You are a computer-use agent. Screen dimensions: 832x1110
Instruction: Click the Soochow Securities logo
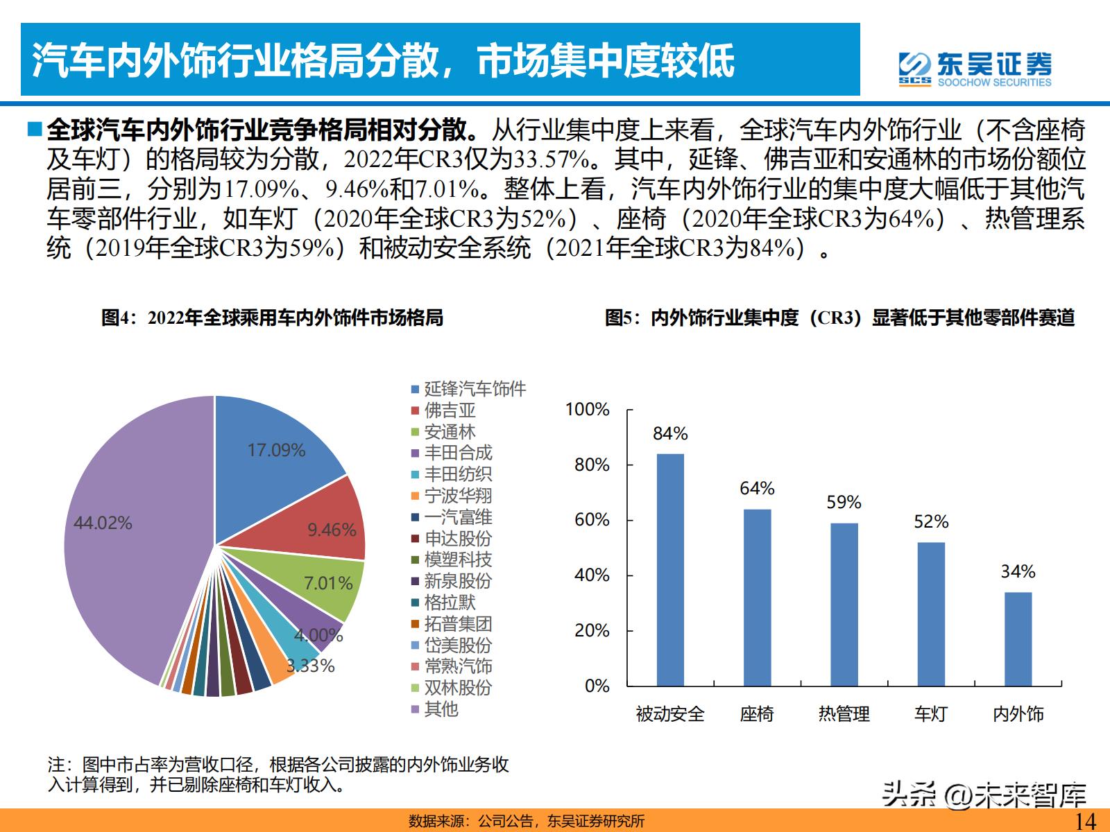point(975,69)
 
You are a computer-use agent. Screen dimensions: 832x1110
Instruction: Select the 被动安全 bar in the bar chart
point(670,569)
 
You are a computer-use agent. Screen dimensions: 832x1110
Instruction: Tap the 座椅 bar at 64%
point(757,597)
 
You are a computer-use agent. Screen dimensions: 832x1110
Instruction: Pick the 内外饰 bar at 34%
point(1018,639)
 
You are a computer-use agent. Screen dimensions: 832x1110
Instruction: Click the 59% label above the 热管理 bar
point(844,502)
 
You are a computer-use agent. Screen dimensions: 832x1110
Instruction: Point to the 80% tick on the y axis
point(592,465)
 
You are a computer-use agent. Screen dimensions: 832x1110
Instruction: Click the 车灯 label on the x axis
point(930,713)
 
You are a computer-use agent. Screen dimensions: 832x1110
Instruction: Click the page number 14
point(1084,821)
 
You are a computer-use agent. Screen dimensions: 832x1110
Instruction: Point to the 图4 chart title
point(272,318)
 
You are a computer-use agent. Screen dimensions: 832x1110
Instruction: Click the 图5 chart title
point(839,318)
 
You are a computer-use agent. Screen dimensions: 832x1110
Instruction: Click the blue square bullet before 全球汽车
point(34,129)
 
